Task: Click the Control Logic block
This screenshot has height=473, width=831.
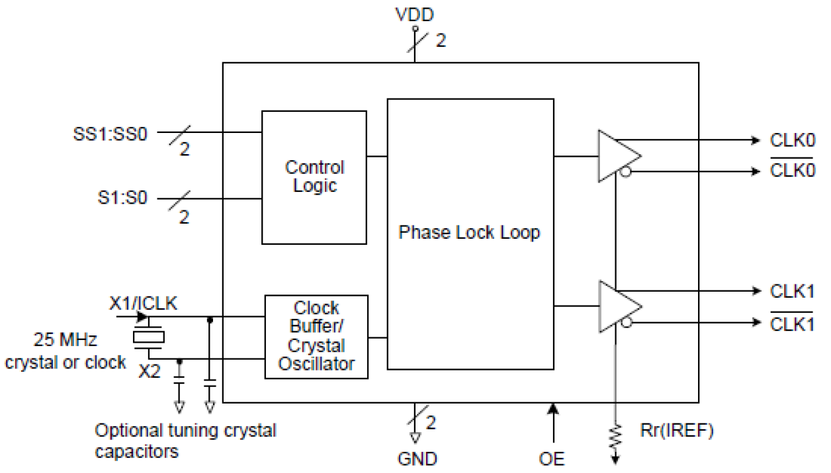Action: [314, 177]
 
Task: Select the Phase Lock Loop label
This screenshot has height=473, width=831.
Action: [469, 233]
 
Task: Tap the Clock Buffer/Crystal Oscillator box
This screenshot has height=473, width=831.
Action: [316, 336]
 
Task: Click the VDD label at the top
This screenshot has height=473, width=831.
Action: [415, 15]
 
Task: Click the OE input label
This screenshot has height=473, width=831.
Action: [551, 458]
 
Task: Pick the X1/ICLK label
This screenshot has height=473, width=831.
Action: [143, 303]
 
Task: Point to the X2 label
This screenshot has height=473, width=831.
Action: [149, 371]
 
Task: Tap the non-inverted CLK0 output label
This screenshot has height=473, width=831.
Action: [793, 140]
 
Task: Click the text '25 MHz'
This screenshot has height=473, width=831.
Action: [66, 341]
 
